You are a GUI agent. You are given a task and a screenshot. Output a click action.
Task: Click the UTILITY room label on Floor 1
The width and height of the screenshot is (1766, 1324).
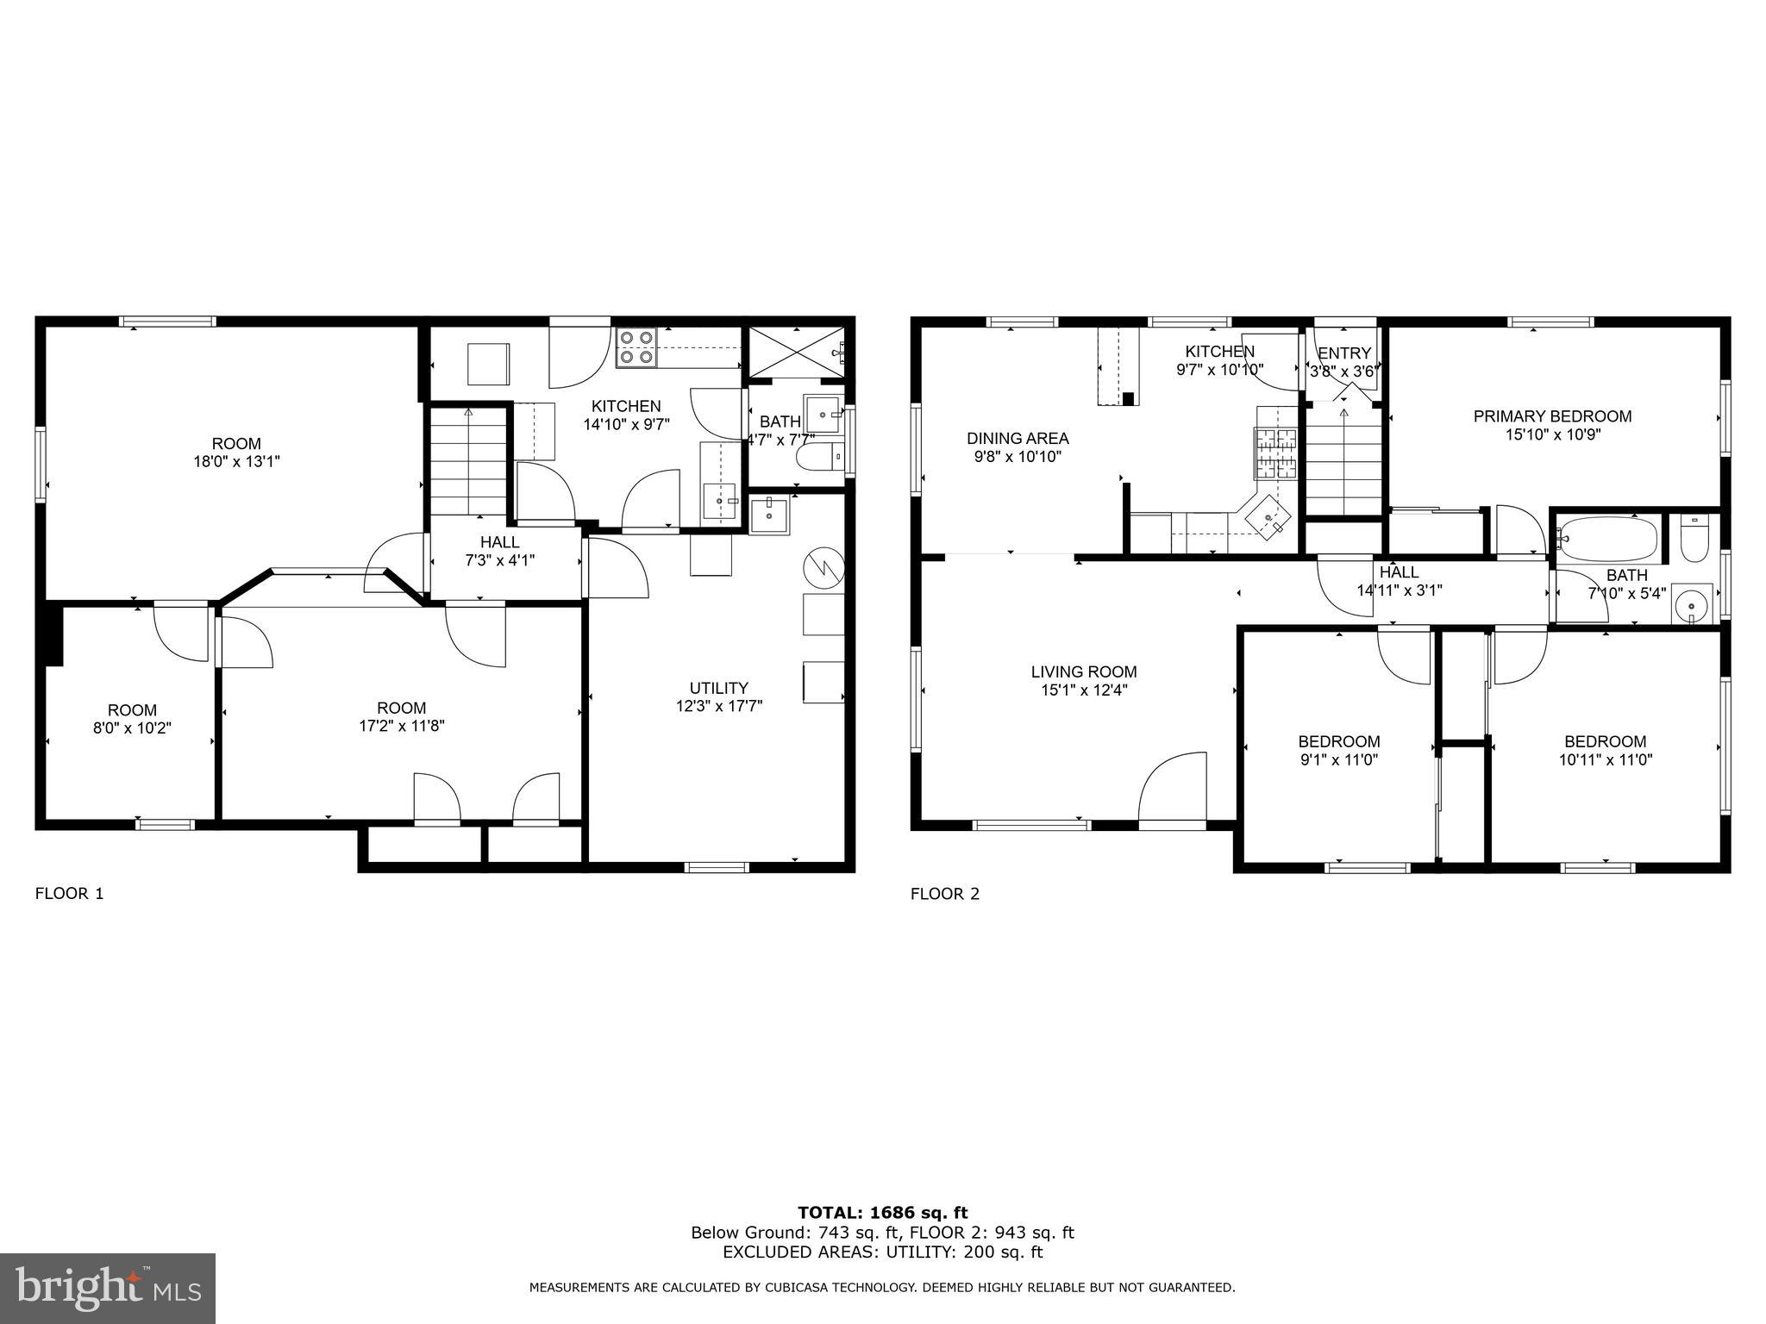(718, 688)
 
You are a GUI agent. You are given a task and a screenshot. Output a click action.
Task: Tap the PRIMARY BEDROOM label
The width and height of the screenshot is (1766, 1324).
(1552, 416)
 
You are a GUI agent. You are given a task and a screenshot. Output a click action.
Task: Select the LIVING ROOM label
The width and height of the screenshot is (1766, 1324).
(1084, 671)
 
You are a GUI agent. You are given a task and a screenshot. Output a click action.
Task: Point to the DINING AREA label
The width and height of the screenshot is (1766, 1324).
(1018, 438)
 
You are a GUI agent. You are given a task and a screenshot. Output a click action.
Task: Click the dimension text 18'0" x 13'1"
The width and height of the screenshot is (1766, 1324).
(236, 462)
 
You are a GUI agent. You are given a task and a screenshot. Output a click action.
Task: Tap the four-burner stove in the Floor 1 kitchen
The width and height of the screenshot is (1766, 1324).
(636, 347)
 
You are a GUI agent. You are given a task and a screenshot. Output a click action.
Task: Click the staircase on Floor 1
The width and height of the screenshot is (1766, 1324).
(468, 460)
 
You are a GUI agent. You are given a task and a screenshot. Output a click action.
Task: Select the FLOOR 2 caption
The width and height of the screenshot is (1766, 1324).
(945, 894)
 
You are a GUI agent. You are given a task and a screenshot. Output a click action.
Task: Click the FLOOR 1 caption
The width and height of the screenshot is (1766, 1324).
(69, 894)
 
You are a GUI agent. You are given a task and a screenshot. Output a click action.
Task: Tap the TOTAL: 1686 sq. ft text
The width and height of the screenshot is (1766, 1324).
(883, 1214)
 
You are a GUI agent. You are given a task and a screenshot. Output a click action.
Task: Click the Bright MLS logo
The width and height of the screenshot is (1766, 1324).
(108, 1289)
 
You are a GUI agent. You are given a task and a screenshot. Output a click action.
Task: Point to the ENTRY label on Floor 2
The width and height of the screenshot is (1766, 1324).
(1344, 353)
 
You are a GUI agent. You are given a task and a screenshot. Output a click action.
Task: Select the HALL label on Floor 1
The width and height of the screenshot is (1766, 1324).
(500, 542)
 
